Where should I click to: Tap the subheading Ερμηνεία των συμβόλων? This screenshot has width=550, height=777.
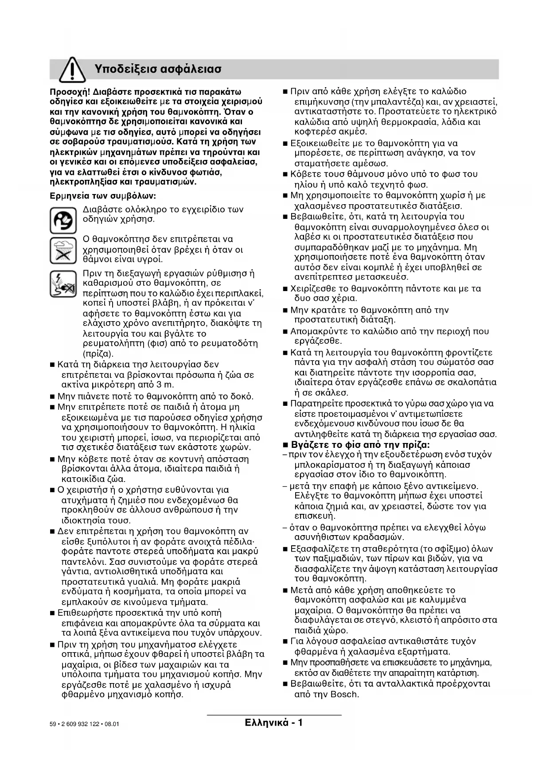tap(102, 195)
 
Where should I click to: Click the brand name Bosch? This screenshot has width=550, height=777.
tap(344, 694)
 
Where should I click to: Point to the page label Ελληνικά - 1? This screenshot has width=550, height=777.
tap(273, 723)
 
